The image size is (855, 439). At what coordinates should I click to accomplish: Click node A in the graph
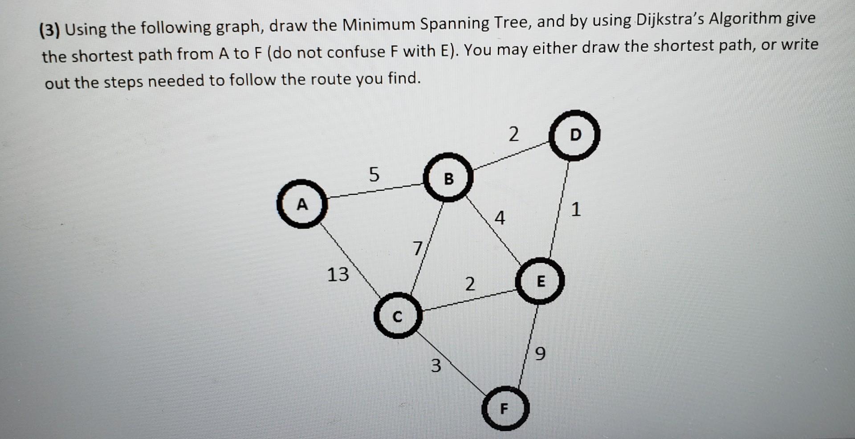302,204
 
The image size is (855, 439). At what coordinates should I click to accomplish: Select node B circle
448,178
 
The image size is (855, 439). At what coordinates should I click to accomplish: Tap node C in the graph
397,316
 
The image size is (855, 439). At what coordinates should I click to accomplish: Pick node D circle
574,135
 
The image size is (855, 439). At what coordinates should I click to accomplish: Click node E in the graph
540,281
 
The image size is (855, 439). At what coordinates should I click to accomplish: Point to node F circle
505,408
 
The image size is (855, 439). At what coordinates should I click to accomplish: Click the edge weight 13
338,274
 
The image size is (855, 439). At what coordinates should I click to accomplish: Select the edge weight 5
374,174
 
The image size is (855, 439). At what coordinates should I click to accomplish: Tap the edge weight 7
417,248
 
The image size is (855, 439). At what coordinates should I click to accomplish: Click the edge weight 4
500,218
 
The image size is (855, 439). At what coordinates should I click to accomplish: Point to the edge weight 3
436,366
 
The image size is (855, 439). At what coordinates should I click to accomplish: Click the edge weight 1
575,209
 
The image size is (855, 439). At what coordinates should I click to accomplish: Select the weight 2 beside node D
513,134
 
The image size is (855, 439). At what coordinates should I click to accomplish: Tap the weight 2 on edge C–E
470,284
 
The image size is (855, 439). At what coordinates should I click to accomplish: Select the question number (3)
49,30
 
